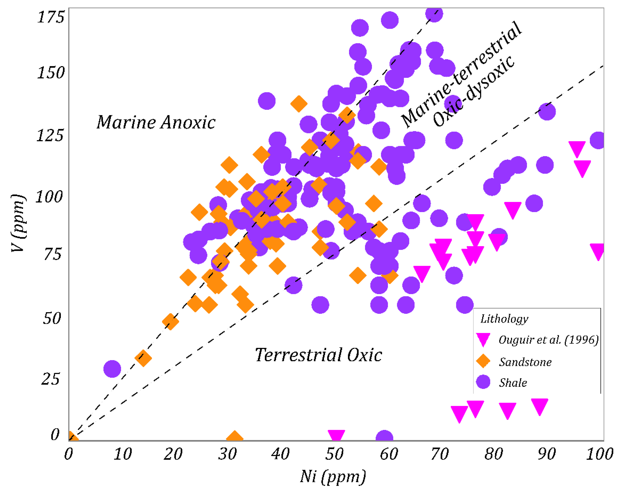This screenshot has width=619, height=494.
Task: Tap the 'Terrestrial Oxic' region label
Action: click(319, 355)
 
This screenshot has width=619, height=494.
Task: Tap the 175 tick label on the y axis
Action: click(51, 17)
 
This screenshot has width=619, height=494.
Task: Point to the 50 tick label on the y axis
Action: click(52, 318)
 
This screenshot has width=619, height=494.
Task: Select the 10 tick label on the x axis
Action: click(123, 454)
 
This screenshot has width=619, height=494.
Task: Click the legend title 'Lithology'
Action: click(504, 319)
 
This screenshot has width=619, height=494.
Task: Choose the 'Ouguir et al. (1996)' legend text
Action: click(549, 340)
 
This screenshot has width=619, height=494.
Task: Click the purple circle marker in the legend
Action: click(483, 382)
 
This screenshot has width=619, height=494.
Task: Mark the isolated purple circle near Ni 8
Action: click(112, 369)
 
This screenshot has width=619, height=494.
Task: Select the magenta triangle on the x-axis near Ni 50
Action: click(336, 435)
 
